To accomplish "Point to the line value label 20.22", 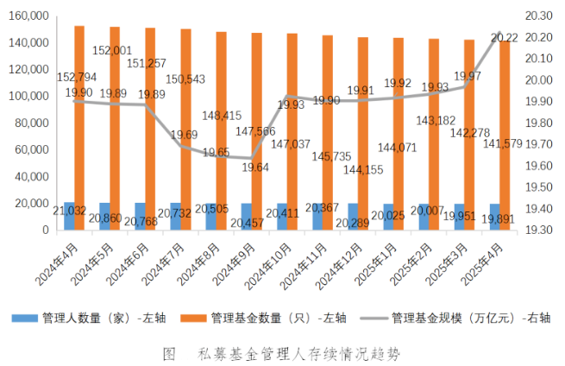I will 503,37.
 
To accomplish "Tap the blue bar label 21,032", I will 69,210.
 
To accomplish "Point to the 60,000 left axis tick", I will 28,150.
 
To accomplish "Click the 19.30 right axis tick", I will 538,230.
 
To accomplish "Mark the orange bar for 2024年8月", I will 222,129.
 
